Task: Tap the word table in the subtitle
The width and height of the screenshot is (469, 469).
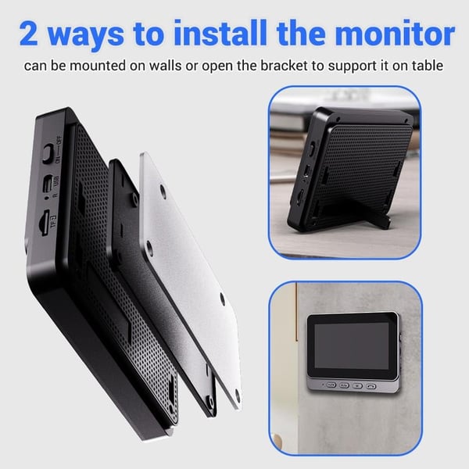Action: [426, 66]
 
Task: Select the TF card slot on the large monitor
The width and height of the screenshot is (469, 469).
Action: [43, 217]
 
